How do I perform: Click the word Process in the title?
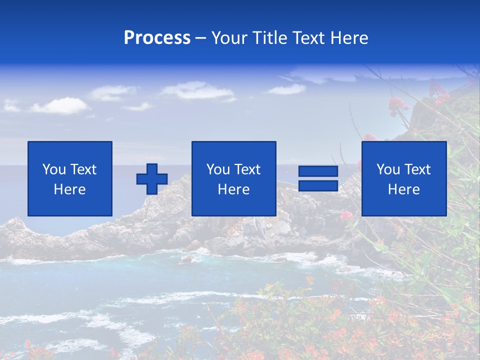tap(157, 38)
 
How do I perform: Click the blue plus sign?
tap(152, 179)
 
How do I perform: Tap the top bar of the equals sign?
tap(318, 171)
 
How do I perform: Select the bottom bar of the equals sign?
tap(318, 185)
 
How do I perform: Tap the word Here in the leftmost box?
tap(70, 189)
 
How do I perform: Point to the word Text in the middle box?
tap(247, 169)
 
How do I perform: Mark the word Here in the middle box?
tap(233, 189)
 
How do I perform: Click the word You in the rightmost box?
tap(388, 169)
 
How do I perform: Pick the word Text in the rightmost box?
tap(417, 169)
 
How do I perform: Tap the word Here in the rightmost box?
tap(404, 189)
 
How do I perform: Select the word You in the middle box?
tap(218, 169)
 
